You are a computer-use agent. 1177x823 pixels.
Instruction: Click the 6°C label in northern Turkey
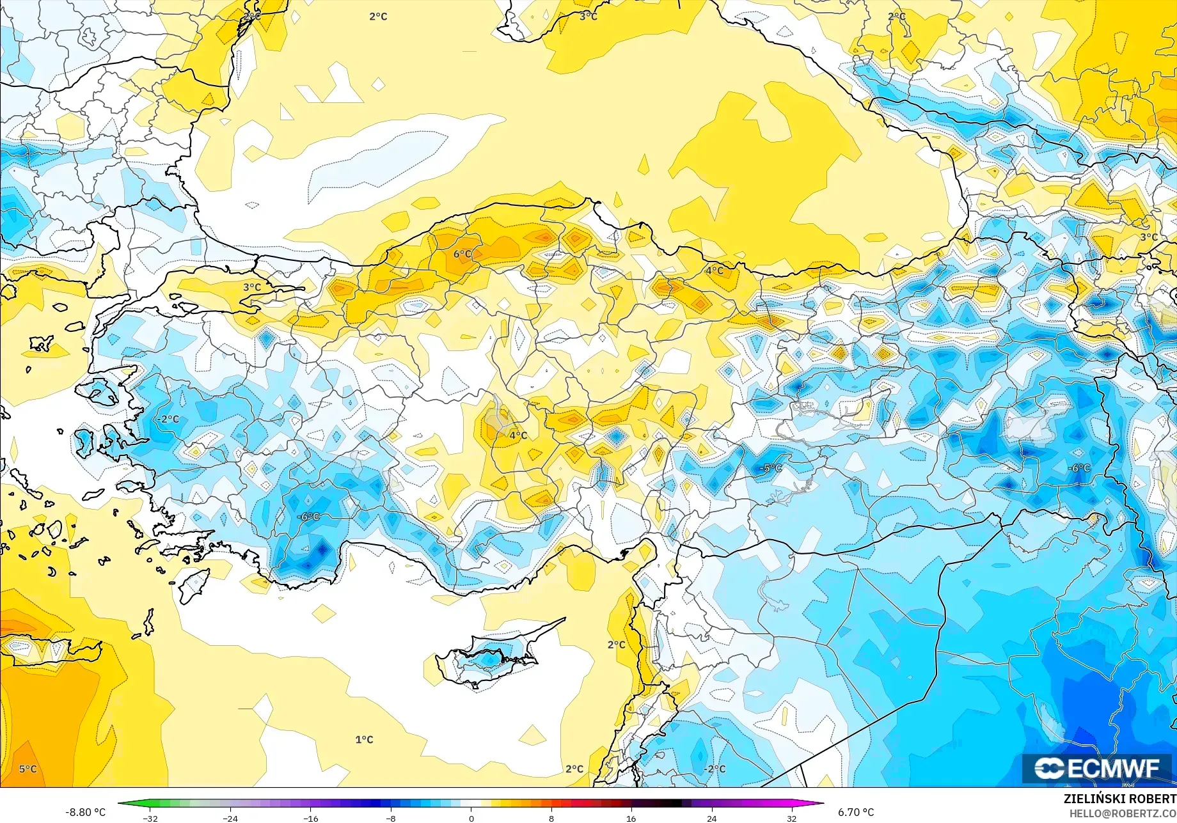(x=462, y=254)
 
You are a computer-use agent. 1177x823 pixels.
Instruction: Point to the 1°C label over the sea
(x=364, y=740)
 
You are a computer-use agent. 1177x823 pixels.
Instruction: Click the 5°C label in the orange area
(x=28, y=769)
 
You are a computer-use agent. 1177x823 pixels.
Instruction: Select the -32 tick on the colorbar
(x=150, y=818)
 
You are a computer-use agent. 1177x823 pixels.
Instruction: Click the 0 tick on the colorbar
(x=471, y=818)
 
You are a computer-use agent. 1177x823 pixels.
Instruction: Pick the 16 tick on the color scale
(x=631, y=818)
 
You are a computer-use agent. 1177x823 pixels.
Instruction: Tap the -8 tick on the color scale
(x=391, y=818)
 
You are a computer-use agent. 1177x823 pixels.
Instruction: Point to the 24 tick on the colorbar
(x=711, y=818)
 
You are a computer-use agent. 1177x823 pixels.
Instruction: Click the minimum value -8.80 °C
(x=85, y=812)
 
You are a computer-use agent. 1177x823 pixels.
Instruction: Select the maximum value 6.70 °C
(x=856, y=812)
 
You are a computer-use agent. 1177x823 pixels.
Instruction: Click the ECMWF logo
(x=1096, y=769)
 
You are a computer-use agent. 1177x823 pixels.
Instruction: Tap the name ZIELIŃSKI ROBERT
(x=1119, y=799)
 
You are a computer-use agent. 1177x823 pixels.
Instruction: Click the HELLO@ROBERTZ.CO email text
(x=1123, y=813)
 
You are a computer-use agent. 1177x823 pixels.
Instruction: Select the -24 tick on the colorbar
(x=230, y=818)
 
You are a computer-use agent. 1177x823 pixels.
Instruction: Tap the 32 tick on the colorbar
(x=791, y=818)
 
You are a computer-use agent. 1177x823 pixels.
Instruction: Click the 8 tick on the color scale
(x=551, y=818)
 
